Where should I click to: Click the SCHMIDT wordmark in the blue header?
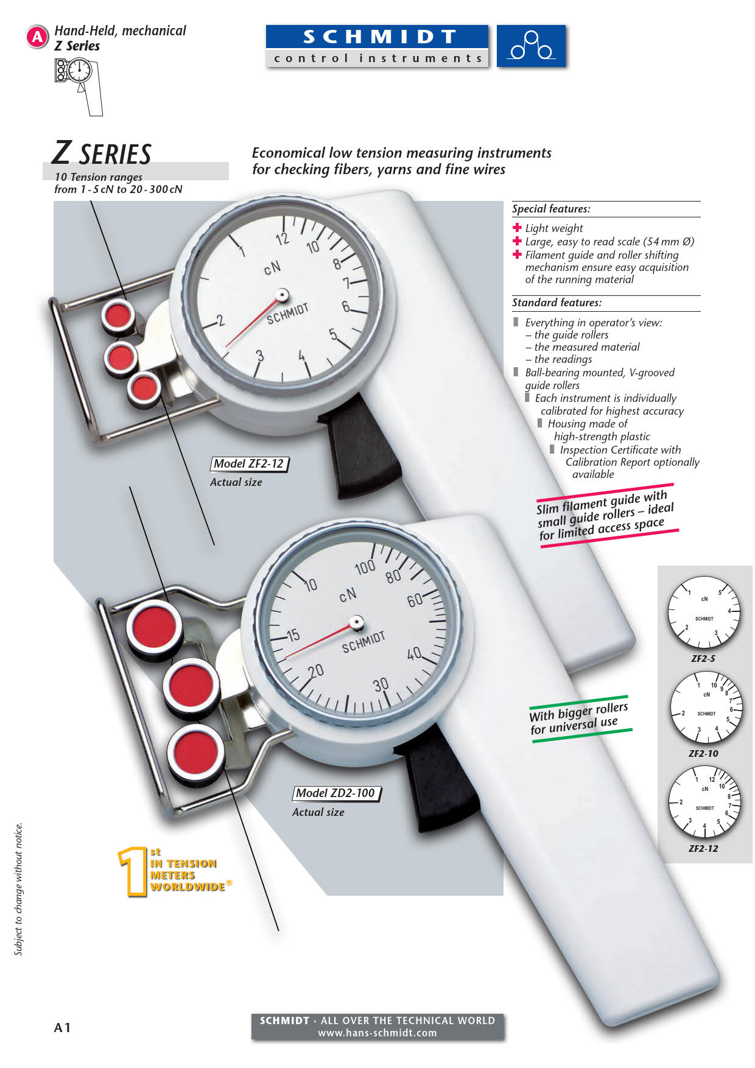[x=379, y=37]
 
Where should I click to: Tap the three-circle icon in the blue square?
[x=532, y=46]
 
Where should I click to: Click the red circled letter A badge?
[x=37, y=37]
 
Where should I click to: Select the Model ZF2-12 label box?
[x=249, y=464]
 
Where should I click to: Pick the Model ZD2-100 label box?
[x=336, y=793]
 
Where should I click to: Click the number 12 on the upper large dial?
[x=282, y=239]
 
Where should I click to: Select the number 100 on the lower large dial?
[x=365, y=567]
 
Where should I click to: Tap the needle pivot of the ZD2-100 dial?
[x=357, y=622]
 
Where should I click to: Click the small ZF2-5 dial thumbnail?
[x=704, y=613]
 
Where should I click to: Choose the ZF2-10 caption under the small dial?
[x=703, y=754]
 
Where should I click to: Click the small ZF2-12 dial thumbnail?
[x=704, y=803]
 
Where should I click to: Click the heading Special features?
[x=551, y=209]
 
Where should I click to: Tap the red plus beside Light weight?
[x=518, y=228]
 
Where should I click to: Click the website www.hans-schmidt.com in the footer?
[x=377, y=1033]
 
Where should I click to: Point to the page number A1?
[x=63, y=1028]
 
